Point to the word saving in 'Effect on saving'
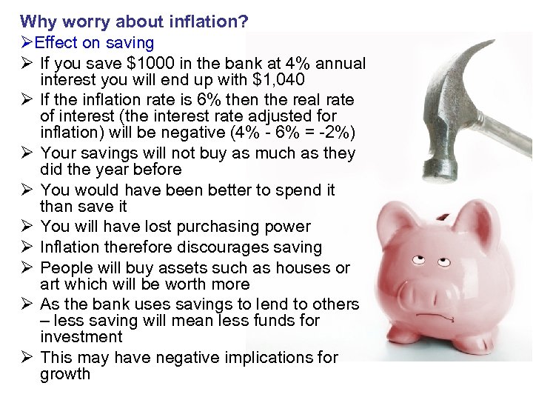tap(129, 44)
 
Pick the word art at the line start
tap(51, 284)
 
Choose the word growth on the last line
tap(65, 374)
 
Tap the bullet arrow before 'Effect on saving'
tap(27, 44)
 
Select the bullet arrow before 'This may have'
tap(27, 358)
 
